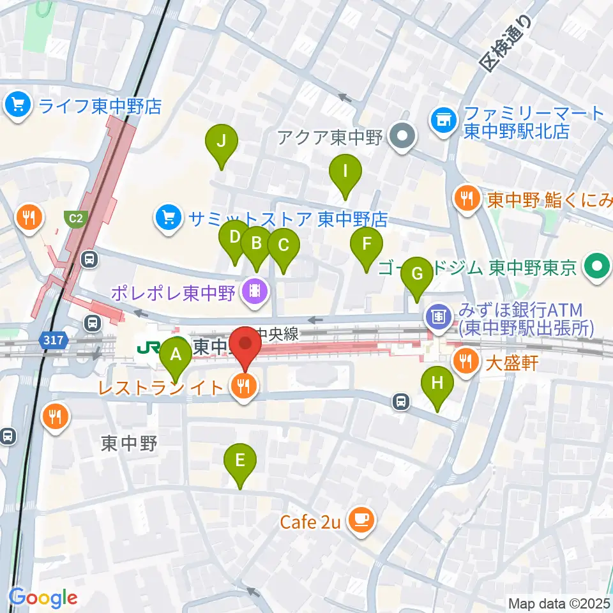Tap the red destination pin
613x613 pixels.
point(245,347)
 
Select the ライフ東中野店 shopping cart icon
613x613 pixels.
point(18,105)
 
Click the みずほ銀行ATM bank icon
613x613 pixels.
point(439,315)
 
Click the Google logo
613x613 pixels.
point(43,597)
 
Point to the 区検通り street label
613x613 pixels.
point(507,44)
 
